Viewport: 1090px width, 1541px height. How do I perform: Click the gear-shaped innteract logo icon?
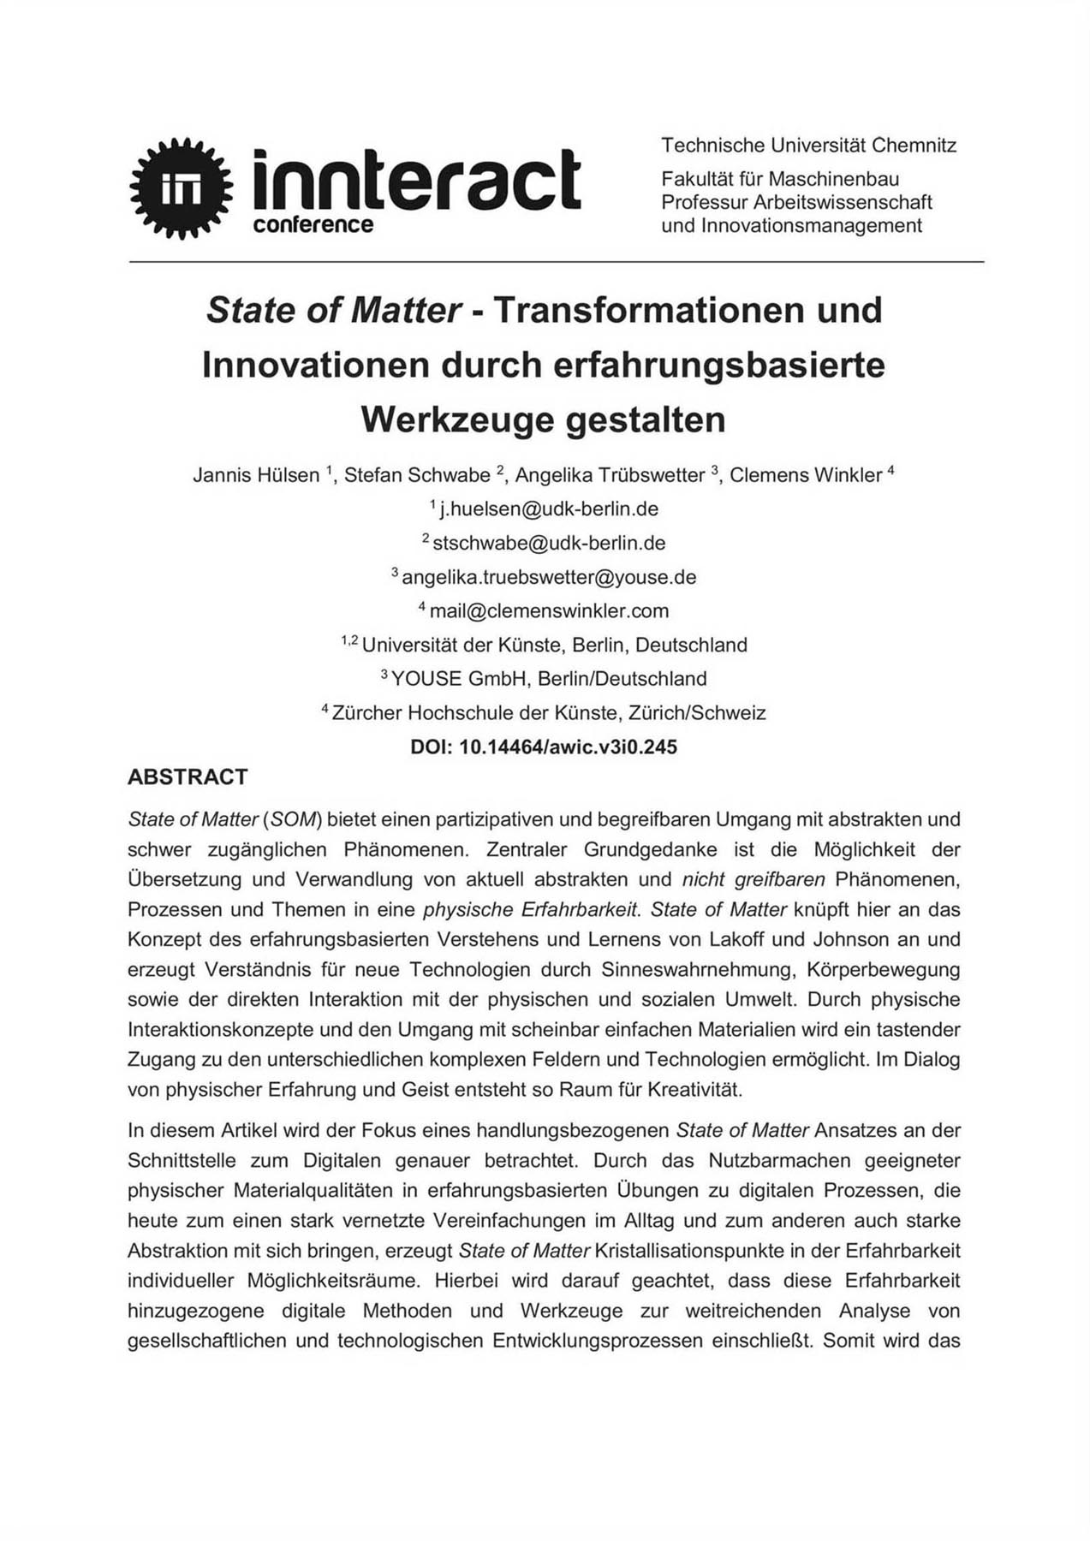(x=181, y=188)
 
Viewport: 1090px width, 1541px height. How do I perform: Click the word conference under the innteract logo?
(x=313, y=225)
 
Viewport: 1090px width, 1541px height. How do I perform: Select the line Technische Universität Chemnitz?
(x=808, y=146)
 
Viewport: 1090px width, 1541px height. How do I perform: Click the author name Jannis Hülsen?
(x=256, y=475)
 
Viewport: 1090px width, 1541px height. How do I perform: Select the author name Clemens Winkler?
(x=805, y=475)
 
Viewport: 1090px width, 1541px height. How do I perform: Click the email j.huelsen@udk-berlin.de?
(x=549, y=509)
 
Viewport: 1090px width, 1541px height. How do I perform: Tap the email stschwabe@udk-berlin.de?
(x=549, y=544)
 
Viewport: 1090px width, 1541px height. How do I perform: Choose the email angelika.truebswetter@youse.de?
(x=549, y=577)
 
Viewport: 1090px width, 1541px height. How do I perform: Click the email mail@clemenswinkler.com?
(x=549, y=611)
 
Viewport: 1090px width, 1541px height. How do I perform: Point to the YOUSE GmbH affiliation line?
(x=549, y=679)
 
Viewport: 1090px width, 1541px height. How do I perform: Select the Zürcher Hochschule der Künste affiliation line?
(x=549, y=713)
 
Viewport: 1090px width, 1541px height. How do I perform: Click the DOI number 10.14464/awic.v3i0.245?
(x=568, y=747)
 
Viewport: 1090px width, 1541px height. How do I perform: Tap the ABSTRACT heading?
(x=188, y=777)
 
